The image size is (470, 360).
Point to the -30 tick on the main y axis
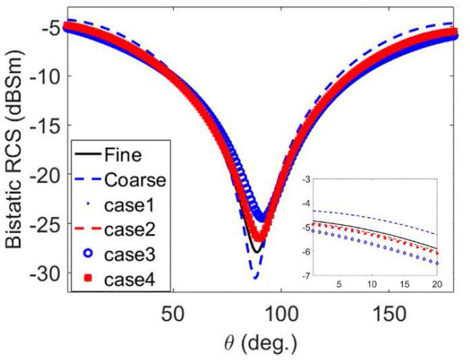(49, 273)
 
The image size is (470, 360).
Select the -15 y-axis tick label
(49, 126)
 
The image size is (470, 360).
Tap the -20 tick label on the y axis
(49, 175)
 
